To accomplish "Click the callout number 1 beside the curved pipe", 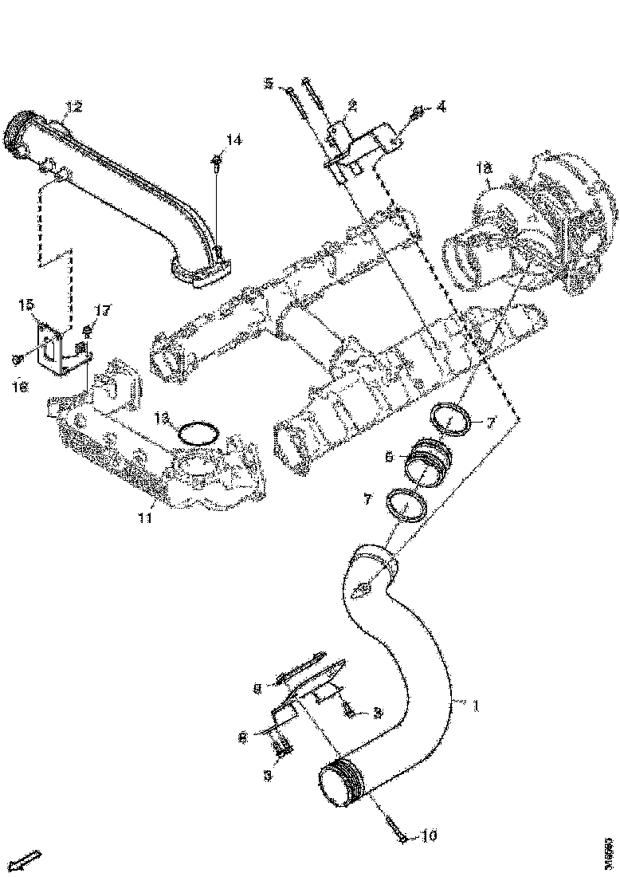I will click(x=477, y=705).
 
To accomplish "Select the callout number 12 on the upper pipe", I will click(x=73, y=107).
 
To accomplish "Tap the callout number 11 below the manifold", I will click(x=144, y=519).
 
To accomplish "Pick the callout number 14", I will click(x=233, y=140).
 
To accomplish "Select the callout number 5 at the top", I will click(x=269, y=83).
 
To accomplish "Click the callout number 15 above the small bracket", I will click(x=26, y=305).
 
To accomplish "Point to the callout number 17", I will click(x=102, y=310).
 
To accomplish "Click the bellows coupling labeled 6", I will click(x=430, y=465).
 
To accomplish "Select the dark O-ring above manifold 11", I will click(x=197, y=433).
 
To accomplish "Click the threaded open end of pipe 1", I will click(x=336, y=787).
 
